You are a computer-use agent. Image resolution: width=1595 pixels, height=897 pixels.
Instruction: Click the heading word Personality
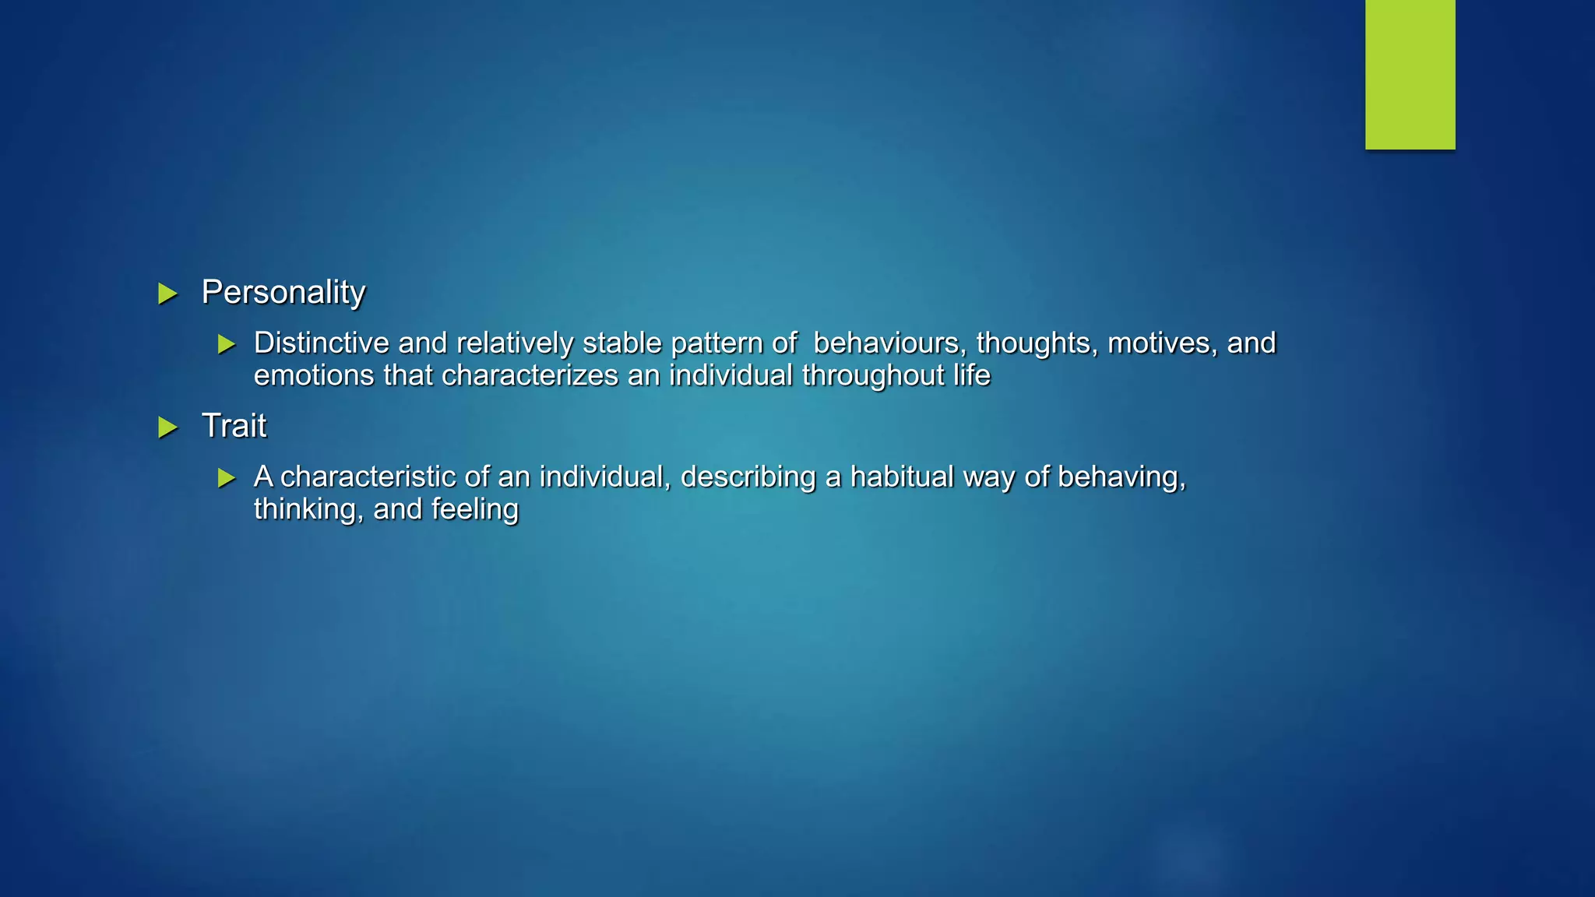click(283, 293)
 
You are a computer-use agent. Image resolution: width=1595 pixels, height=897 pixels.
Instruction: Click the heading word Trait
click(234, 426)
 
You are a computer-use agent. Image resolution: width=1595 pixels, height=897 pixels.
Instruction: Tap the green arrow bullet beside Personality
click(167, 294)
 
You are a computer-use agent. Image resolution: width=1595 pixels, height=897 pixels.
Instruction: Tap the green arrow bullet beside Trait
click(167, 427)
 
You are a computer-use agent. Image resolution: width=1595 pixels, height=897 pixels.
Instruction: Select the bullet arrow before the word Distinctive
click(227, 344)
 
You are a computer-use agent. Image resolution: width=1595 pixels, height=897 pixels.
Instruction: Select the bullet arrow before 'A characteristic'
click(227, 478)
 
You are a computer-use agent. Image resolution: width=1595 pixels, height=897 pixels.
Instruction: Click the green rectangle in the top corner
click(1410, 74)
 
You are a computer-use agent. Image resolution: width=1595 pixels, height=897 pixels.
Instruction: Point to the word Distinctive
click(321, 343)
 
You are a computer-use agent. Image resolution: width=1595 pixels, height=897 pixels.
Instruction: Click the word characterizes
click(530, 376)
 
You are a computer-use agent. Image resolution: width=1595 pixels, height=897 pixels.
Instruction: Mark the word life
click(972, 376)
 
